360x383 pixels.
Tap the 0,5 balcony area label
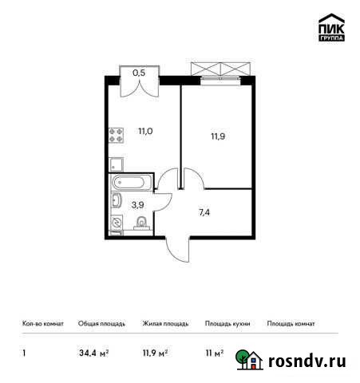(139, 73)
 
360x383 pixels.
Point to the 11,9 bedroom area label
(217, 136)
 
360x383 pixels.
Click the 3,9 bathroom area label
(137, 204)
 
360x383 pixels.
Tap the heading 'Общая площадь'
(100, 324)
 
